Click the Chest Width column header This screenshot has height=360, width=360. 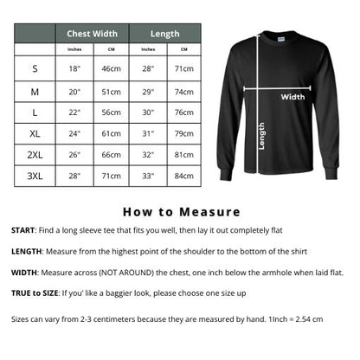click(x=92, y=34)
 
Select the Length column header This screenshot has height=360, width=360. click(x=164, y=34)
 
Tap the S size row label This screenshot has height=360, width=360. click(x=35, y=67)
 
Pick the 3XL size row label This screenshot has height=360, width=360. click(x=35, y=176)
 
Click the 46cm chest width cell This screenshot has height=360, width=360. click(x=111, y=67)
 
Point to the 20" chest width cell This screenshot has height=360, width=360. click(x=74, y=89)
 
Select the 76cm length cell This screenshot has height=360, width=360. click(x=183, y=111)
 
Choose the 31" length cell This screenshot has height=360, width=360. click(x=147, y=132)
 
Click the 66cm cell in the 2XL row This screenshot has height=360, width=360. click(x=111, y=154)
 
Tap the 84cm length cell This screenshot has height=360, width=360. click(x=183, y=176)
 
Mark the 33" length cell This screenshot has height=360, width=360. click(x=147, y=176)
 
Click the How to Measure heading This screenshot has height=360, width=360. click(x=180, y=211)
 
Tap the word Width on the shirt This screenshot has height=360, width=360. click(x=292, y=97)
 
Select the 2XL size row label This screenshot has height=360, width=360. click(x=35, y=154)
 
